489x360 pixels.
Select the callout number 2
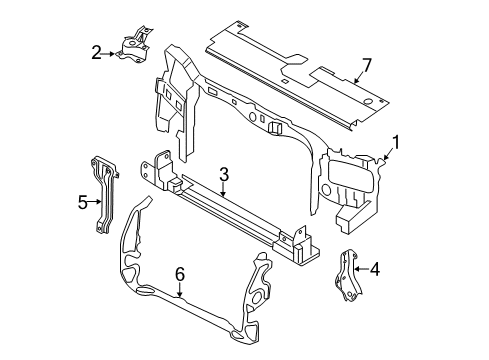pyautogui.click(x=96, y=52)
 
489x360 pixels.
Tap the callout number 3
pyautogui.click(x=224, y=173)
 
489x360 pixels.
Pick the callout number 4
pyautogui.click(x=375, y=268)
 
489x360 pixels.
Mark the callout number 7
pyautogui.click(x=366, y=66)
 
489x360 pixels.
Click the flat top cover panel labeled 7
pyautogui.click(x=290, y=75)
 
